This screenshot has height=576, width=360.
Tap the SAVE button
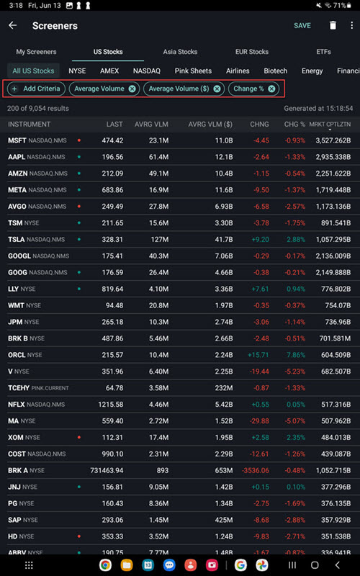[x=302, y=25]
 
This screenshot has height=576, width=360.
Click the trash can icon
[x=333, y=25]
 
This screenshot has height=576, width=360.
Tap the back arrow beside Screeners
[x=12, y=25]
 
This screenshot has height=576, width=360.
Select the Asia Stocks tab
[x=180, y=52]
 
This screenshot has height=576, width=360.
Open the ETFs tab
[x=323, y=52]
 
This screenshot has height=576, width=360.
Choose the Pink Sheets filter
[x=193, y=71]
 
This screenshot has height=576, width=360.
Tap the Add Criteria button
[x=36, y=89]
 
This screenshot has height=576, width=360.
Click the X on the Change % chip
[x=271, y=89]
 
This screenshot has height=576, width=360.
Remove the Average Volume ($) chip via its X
[x=217, y=89]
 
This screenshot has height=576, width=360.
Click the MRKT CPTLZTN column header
[x=330, y=125]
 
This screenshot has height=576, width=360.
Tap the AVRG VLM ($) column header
[x=210, y=125]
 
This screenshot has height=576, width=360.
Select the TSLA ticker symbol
[x=16, y=240]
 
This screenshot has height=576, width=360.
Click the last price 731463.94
[x=107, y=471]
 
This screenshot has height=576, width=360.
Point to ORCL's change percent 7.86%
[x=296, y=355]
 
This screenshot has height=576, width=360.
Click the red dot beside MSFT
[x=79, y=140]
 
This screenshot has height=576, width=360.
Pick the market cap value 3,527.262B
[x=333, y=140]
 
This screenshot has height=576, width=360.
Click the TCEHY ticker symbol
[x=19, y=388]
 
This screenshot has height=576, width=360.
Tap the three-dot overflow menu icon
[x=351, y=25]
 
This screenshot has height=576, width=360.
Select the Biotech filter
[x=275, y=71]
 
